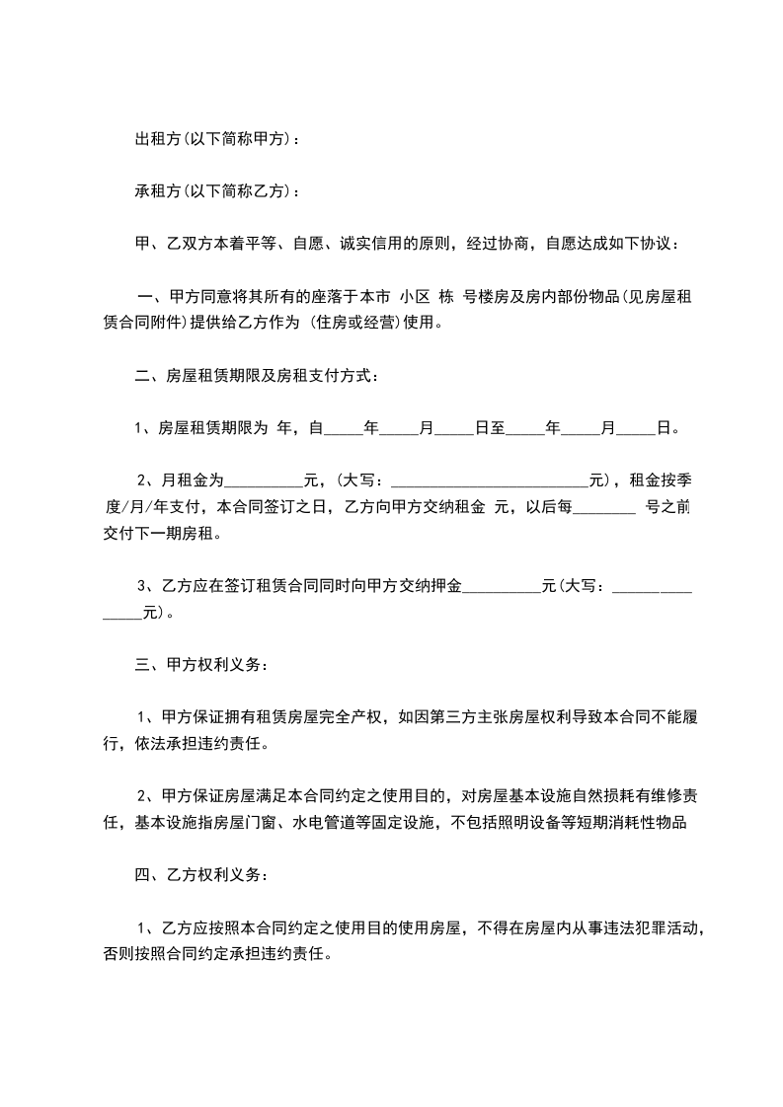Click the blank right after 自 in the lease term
344,429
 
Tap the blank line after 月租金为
265,481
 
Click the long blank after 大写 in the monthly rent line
490,481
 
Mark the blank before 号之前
604,508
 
